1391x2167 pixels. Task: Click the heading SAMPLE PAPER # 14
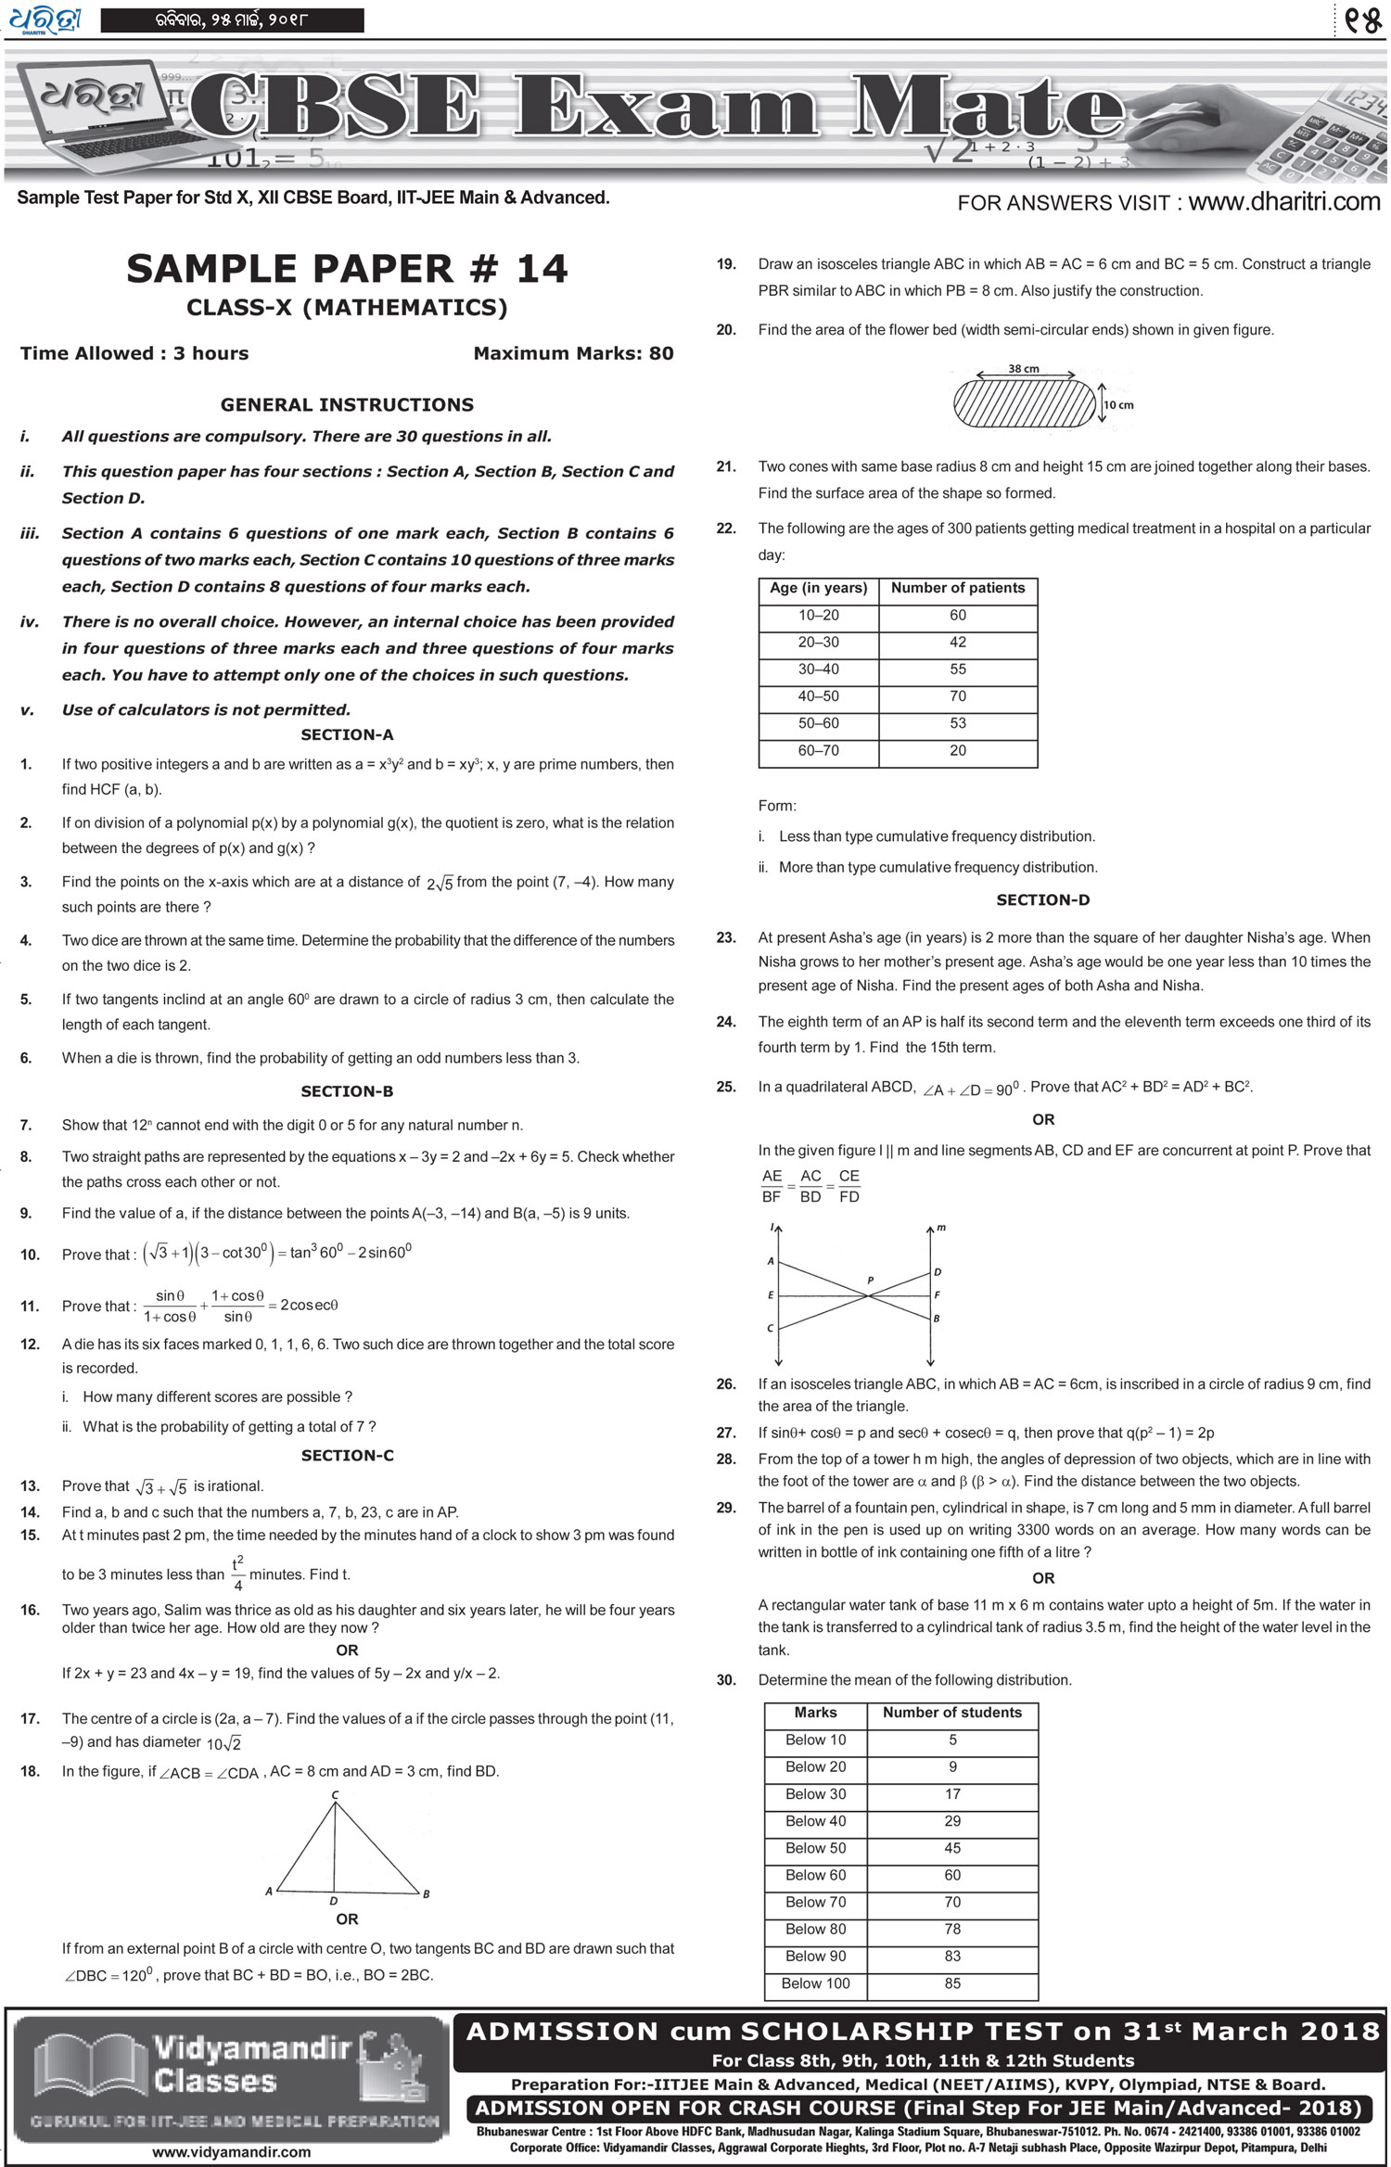click(347, 269)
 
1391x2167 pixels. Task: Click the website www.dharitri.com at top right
click(1283, 201)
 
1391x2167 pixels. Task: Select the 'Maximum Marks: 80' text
click(573, 353)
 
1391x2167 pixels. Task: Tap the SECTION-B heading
click(347, 1091)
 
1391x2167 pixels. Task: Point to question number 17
click(30, 1719)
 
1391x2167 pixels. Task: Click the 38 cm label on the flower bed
click(1024, 368)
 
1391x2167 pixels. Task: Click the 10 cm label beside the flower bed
click(1118, 405)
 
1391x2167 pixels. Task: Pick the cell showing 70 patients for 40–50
click(958, 696)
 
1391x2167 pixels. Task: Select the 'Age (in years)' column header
click(818, 588)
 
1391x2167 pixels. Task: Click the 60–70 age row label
click(818, 750)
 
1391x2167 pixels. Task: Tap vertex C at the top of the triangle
click(335, 1795)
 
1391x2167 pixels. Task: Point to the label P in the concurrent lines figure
click(870, 1281)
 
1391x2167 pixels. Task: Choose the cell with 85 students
click(952, 1983)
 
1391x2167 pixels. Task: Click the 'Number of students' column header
click(951, 1713)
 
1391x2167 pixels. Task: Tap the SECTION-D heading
click(1042, 899)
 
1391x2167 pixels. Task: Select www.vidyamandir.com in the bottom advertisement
click(231, 2151)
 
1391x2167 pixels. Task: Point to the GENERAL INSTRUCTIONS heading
click(347, 405)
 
